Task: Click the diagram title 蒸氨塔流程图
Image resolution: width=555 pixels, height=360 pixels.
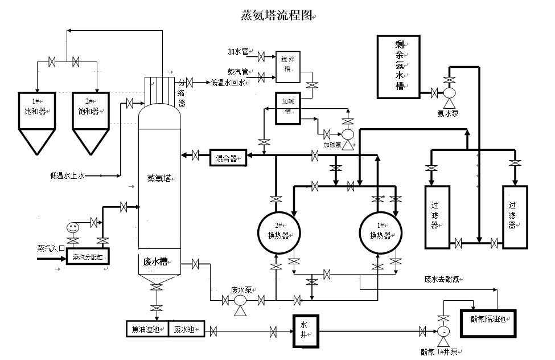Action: coord(276,15)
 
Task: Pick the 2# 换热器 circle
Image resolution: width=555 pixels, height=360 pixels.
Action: coord(277,231)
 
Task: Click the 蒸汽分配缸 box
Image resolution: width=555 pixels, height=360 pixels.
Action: coord(88,257)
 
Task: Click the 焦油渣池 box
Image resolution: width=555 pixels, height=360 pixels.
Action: coord(147,329)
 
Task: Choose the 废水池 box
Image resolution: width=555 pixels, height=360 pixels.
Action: coord(187,329)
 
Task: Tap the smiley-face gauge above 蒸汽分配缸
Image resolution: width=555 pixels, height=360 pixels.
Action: coord(72,227)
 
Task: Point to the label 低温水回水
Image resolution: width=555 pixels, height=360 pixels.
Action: coord(228,83)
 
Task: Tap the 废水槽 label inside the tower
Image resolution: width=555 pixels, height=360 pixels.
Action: coord(155,262)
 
